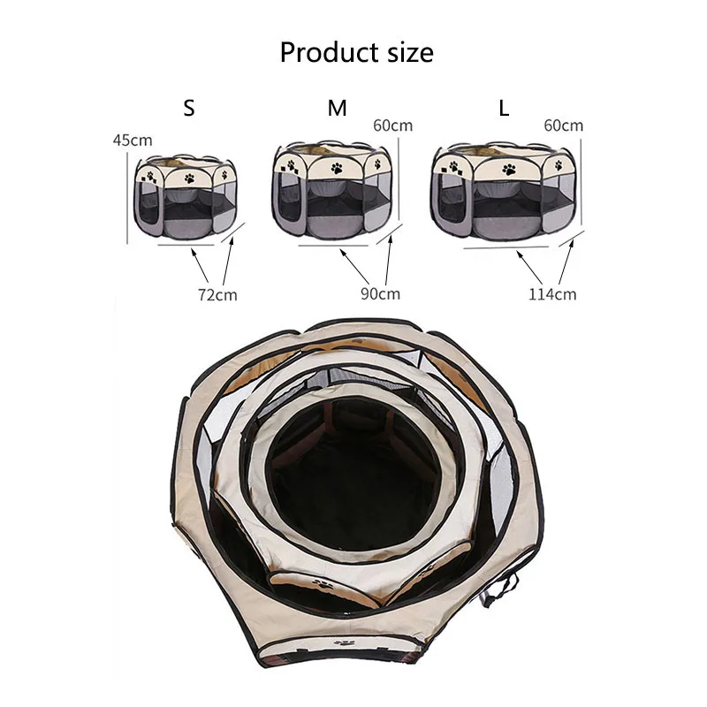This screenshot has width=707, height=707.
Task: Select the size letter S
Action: coord(188,109)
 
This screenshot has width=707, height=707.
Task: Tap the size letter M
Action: coord(337,109)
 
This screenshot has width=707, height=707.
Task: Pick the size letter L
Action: coord(504,109)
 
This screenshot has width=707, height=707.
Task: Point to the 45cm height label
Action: coord(133,141)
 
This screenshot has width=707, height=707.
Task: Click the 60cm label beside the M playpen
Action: coord(392,125)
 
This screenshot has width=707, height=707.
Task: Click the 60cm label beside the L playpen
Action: coord(563,125)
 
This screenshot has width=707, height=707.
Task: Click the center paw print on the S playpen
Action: coord(189,176)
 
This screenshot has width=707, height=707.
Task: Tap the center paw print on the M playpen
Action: coord(337,165)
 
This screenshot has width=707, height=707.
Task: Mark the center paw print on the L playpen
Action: coord(509,169)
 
